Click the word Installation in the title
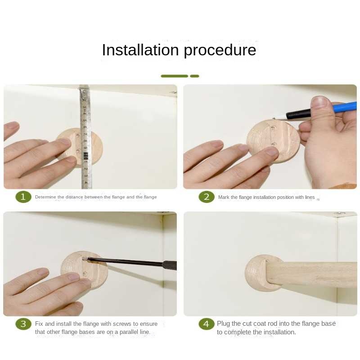click(140, 50)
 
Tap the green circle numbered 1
click(23, 197)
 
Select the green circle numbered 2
click(207, 197)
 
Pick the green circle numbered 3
click(23, 324)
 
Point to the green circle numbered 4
click(207, 324)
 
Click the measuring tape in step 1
click(86, 137)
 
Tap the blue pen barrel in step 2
click(344, 107)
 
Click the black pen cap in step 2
click(298, 114)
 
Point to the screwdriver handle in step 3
click(170, 265)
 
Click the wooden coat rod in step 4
click(311, 274)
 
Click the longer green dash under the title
click(175, 76)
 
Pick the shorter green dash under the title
click(194, 76)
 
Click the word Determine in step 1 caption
click(45, 197)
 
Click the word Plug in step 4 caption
click(223, 324)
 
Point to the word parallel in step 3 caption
click(130, 332)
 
